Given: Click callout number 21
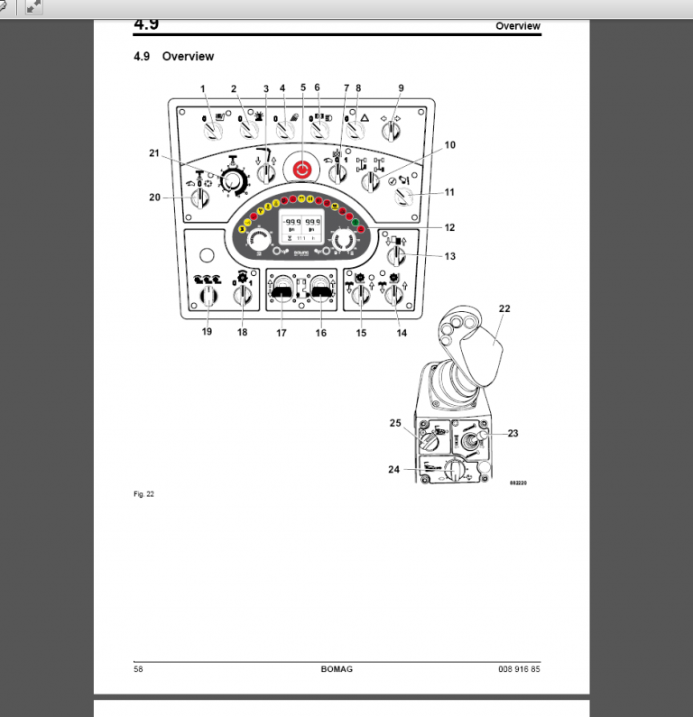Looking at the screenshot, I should pyautogui.click(x=154, y=153).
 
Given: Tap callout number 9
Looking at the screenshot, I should pyautogui.click(x=401, y=88).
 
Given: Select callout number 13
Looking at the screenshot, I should pyautogui.click(x=449, y=256).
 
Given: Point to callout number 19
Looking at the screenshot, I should pyautogui.click(x=207, y=332).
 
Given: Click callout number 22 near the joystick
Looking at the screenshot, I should pyautogui.click(x=504, y=308).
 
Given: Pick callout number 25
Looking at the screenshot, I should pyautogui.click(x=393, y=422).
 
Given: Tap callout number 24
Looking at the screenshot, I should pyautogui.click(x=393, y=469).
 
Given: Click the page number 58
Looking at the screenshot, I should pyautogui.click(x=138, y=668).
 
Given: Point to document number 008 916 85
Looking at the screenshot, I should pyautogui.click(x=519, y=668).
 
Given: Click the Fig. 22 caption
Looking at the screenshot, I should pyautogui.click(x=143, y=493).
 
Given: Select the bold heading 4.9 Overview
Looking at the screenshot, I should pyautogui.click(x=173, y=56).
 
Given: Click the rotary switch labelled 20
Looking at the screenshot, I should pyautogui.click(x=200, y=198).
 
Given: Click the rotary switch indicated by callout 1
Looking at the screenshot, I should pyautogui.click(x=213, y=131).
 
